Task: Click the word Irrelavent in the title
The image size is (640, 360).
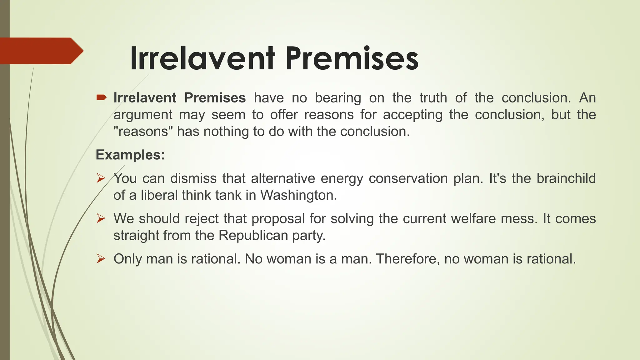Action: [x=202, y=58]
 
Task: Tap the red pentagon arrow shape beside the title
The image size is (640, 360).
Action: [x=41, y=51]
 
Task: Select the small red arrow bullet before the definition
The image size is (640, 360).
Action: [x=101, y=98]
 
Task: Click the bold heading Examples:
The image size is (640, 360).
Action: [x=130, y=155]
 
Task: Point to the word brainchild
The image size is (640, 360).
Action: [x=566, y=178]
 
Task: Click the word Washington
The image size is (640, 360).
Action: [x=298, y=195]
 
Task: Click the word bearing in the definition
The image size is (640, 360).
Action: [x=338, y=98]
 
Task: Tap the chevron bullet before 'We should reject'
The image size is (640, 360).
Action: [x=101, y=218]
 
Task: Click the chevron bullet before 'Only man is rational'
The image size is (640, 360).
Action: [x=101, y=259]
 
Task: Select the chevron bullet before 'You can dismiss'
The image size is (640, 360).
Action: [x=101, y=178]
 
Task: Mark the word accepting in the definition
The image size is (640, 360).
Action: [x=412, y=115]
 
